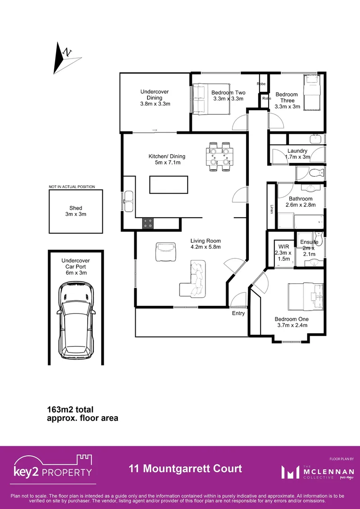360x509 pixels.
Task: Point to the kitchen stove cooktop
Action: (148, 224)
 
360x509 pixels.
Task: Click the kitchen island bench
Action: (168, 184)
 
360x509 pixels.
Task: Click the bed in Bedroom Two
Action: (210, 99)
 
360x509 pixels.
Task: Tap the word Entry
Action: (238, 313)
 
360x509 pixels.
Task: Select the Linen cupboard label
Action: (271, 208)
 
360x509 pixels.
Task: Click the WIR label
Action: (284, 246)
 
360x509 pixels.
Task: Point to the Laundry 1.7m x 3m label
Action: (297, 154)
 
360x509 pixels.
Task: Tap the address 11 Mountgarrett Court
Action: (185, 468)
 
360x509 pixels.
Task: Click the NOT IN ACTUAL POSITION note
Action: (72, 187)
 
